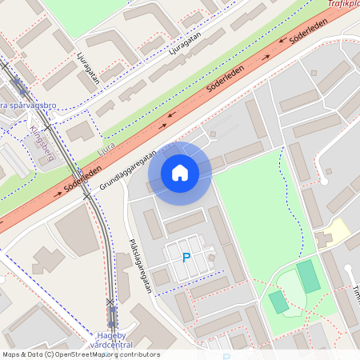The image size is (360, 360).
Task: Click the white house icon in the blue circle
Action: [179, 173]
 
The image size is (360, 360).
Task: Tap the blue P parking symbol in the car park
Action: [186, 258]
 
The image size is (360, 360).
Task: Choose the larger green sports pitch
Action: [308, 276]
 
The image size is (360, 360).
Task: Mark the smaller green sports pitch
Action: [278, 302]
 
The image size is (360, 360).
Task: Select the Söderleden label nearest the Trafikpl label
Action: [309, 37]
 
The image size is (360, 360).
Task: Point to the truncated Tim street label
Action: [354, 294]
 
